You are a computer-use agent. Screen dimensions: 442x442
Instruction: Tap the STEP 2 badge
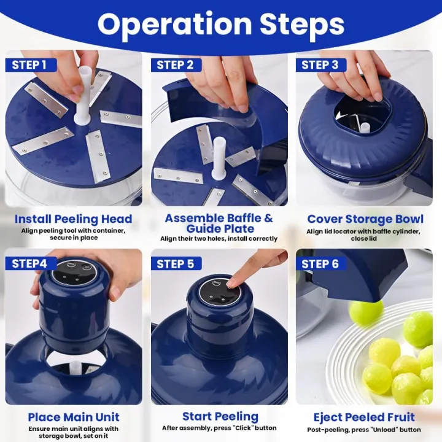point(175,64)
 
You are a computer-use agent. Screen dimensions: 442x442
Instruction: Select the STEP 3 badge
point(320,64)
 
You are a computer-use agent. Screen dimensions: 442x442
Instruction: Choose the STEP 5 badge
point(175,263)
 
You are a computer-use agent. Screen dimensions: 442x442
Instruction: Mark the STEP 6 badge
point(320,263)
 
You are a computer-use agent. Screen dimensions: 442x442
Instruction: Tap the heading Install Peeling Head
point(73,219)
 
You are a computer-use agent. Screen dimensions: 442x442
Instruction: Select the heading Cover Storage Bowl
point(365,219)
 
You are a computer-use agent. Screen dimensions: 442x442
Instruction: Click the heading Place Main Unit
point(73,417)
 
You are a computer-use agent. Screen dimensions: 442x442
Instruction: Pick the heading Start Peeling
point(219,417)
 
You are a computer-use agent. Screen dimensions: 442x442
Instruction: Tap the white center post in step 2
point(219,160)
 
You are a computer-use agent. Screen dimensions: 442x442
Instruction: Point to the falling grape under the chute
point(366,312)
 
